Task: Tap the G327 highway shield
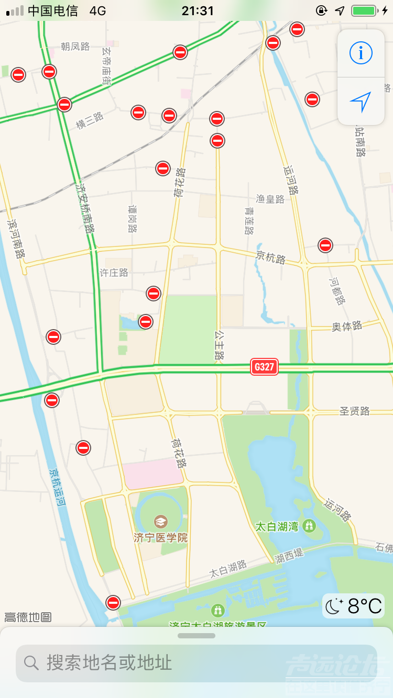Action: [264, 367]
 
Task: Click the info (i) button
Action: [361, 53]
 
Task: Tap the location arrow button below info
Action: [361, 102]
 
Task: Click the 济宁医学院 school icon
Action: [160, 521]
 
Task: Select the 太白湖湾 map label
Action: [276, 526]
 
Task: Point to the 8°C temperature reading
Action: [365, 606]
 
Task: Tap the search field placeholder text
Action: [110, 663]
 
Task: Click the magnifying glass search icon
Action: [31, 663]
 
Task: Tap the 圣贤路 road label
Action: [354, 411]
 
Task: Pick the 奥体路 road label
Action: [347, 326]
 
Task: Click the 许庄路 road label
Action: [114, 273]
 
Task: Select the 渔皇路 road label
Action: [270, 199]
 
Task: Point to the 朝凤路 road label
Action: [75, 47]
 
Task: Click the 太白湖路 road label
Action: [228, 569]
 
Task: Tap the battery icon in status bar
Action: [364, 10]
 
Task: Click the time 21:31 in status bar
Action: [198, 10]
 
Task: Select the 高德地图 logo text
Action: [28, 617]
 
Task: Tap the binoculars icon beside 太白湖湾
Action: [309, 525]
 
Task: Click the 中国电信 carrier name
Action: [52, 10]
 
